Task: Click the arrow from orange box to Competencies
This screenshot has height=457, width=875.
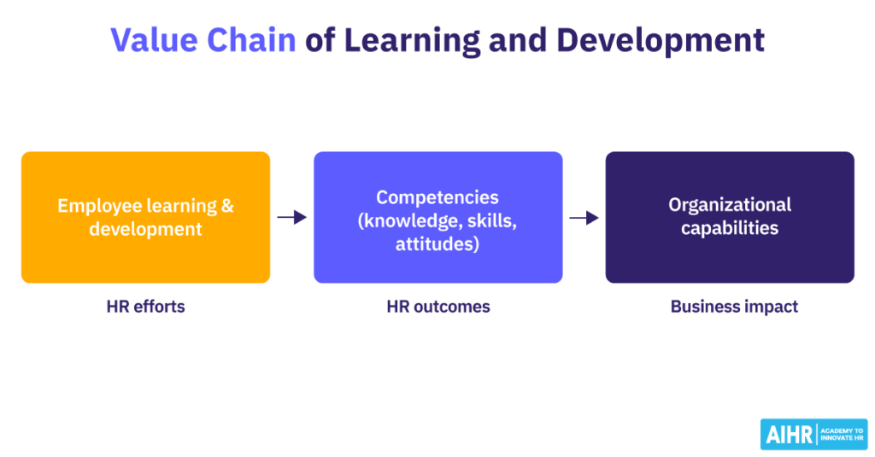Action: click(x=291, y=218)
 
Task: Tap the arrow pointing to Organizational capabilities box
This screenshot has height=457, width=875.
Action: click(x=584, y=218)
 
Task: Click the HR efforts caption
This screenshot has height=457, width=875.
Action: click(x=145, y=307)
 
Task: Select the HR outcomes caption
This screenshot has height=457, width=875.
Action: click(x=437, y=307)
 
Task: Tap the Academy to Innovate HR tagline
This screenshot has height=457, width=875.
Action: click(x=842, y=434)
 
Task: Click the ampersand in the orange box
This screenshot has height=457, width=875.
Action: click(x=226, y=206)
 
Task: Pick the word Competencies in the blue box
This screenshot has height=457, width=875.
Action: click(x=437, y=197)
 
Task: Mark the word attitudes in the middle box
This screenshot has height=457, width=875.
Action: click(x=437, y=243)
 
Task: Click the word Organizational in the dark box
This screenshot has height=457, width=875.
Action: click(x=730, y=205)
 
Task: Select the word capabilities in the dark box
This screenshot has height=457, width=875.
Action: click(x=730, y=229)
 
